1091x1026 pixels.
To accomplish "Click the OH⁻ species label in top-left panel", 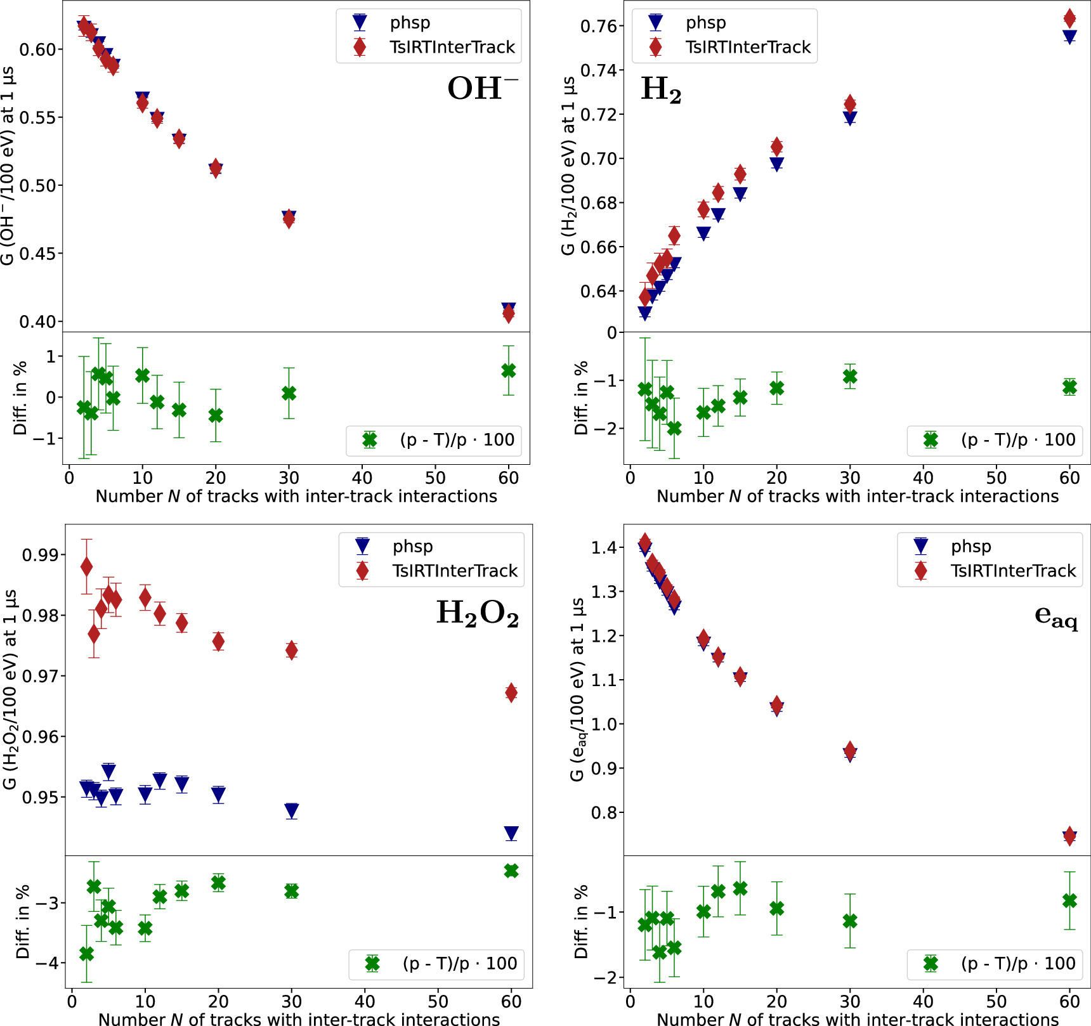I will (x=481, y=88).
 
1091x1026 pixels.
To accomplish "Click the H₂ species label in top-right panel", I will (x=660, y=89).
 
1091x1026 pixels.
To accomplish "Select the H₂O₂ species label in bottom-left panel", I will (x=477, y=613).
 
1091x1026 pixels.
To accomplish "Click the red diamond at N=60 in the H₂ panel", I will (x=1069, y=18).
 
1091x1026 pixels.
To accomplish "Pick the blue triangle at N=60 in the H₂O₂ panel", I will (x=511, y=833).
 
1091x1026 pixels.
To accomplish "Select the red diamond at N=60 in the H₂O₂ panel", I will (x=511, y=692).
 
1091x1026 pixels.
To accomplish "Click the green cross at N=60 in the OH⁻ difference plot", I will (x=508, y=371).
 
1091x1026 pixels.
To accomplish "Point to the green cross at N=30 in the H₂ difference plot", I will (x=850, y=377).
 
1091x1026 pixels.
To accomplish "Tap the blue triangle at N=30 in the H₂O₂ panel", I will (x=292, y=810).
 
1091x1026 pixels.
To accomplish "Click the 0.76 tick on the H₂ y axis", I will (x=598, y=26).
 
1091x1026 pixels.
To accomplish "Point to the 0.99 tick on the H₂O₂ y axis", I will (x=39, y=555).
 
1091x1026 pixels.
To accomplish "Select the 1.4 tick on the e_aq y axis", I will (x=604, y=547).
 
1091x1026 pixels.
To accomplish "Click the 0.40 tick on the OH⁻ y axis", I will (x=37, y=321).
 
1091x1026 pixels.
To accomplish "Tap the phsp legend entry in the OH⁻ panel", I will (x=410, y=23).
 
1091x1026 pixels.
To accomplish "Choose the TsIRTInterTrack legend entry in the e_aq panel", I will (x=1012, y=571).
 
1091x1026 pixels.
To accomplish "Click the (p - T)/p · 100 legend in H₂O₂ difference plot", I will (x=459, y=964).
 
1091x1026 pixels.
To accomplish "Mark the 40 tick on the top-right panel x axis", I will (x=923, y=478).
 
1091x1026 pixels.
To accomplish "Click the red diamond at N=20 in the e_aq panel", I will (x=777, y=705).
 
